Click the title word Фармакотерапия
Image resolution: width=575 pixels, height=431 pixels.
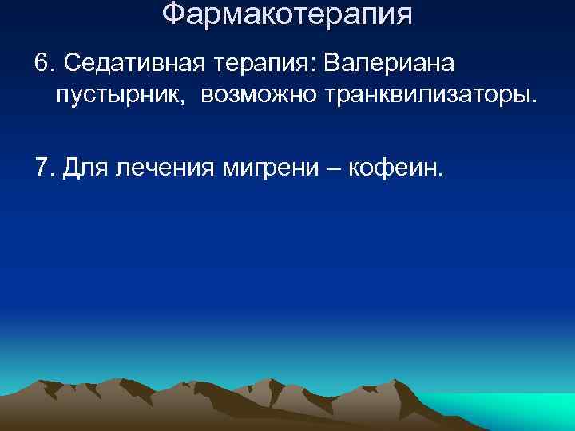[287, 14]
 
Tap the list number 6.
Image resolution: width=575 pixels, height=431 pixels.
[42, 62]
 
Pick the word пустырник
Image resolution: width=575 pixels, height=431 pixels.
[122, 97]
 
